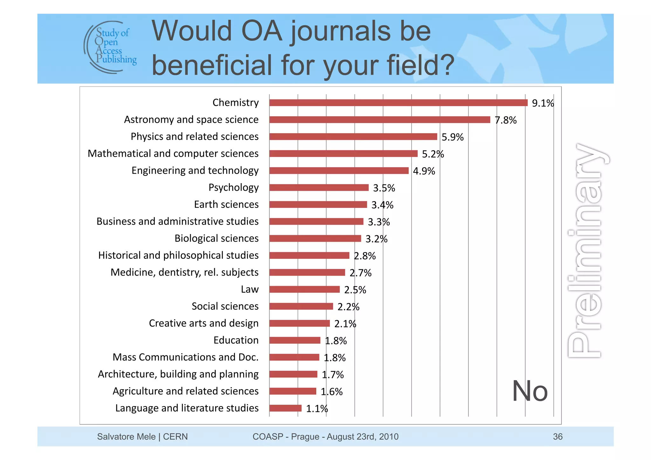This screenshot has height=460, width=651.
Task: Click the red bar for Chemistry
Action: (398, 103)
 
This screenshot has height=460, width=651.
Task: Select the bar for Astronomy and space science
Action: (380, 120)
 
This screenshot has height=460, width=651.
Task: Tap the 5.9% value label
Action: (452, 137)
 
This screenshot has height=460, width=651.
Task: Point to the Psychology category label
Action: (233, 188)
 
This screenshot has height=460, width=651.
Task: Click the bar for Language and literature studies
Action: (285, 408)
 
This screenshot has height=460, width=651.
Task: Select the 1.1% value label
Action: (317, 409)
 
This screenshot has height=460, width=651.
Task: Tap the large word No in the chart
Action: (530, 391)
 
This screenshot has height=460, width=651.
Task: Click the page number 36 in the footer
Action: (558, 436)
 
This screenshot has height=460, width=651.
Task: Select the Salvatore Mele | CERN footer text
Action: (142, 436)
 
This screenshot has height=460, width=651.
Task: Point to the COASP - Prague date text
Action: (325, 436)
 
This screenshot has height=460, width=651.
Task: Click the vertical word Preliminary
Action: (586, 251)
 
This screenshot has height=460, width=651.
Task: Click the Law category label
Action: (250, 289)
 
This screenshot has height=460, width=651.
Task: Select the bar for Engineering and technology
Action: (339, 171)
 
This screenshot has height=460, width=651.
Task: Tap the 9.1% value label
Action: (543, 103)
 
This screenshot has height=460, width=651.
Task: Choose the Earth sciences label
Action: (226, 204)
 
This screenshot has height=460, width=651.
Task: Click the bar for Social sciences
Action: (301, 306)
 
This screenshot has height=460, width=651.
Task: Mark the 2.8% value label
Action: (365, 256)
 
